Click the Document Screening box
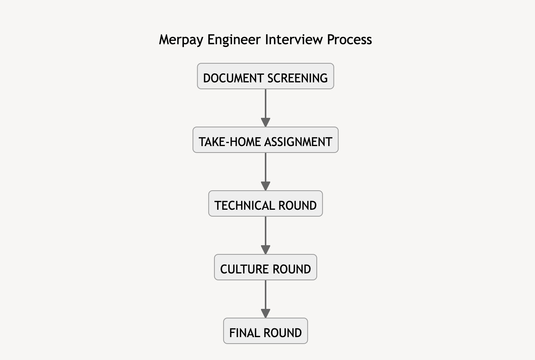click(265, 76)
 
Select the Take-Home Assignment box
click(265, 140)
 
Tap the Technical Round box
click(265, 204)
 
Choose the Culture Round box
click(265, 267)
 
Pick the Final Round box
click(265, 331)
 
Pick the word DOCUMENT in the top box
click(234, 78)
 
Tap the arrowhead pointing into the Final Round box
click(265, 314)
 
